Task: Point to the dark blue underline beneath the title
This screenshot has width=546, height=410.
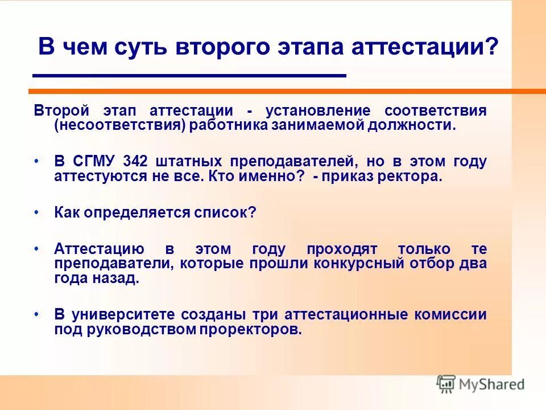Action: [x=189, y=75]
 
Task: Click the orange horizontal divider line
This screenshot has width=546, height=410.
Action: [x=284, y=91]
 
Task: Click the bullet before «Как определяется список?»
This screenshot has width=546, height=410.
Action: [x=37, y=212]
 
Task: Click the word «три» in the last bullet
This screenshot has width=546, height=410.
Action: [x=271, y=315]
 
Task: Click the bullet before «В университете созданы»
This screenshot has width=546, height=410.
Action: [x=37, y=315]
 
